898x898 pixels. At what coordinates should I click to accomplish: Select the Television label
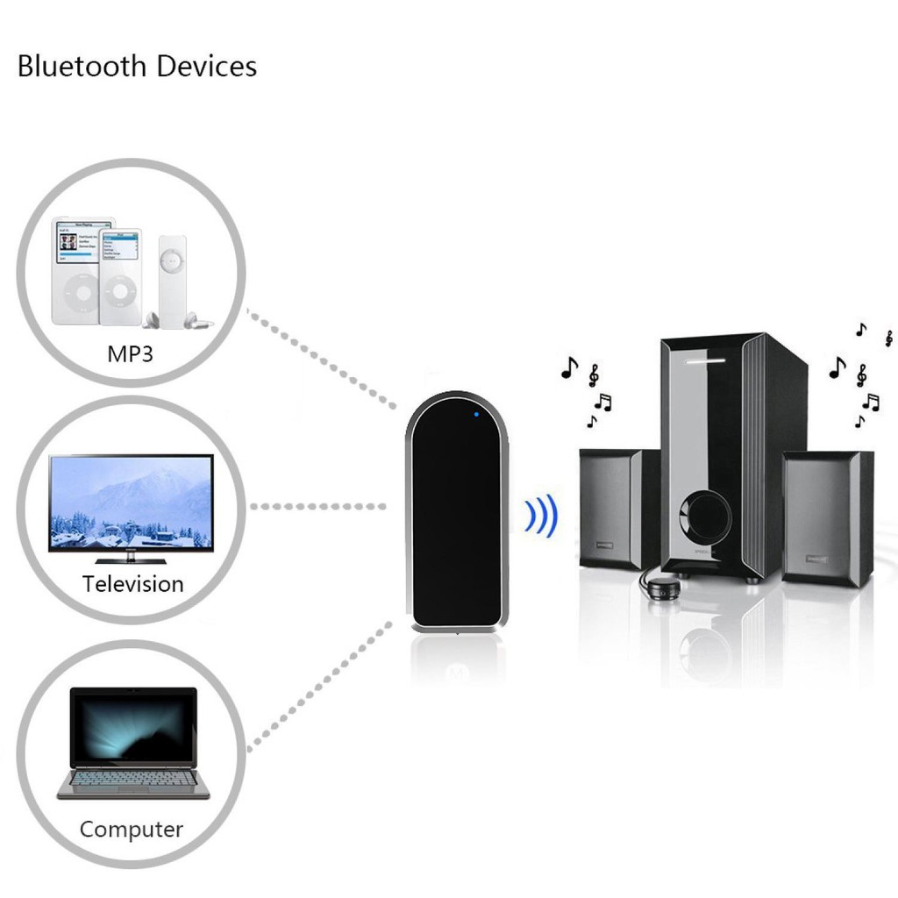[133, 584]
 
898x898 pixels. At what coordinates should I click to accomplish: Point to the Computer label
[132, 829]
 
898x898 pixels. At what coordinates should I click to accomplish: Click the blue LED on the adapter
[474, 414]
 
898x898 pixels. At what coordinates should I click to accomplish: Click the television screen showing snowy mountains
[131, 502]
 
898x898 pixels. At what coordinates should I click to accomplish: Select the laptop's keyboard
[132, 778]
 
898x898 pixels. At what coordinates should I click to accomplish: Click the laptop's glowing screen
[133, 728]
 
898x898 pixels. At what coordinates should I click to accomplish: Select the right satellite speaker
[827, 517]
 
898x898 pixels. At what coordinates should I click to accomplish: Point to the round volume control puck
[662, 585]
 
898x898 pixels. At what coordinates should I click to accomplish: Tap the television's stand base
[131, 559]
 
